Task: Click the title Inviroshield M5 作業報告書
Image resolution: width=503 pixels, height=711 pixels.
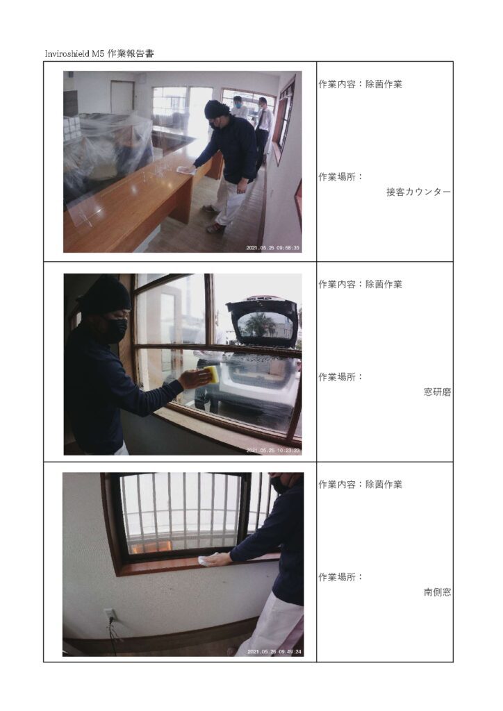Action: point(99,53)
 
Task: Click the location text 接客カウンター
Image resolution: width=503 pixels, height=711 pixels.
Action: point(419,192)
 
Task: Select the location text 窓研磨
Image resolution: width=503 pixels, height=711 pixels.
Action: point(437,392)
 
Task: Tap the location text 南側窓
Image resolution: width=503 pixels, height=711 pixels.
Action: point(437,592)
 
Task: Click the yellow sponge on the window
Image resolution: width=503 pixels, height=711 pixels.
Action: point(211,376)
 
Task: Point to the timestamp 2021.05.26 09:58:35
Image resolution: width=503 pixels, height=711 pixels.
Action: point(272,248)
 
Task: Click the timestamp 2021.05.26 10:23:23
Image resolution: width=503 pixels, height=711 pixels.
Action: point(273,451)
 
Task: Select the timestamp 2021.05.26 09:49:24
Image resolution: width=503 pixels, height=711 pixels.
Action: point(274,652)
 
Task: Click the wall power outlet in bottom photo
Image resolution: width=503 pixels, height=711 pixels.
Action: point(110,615)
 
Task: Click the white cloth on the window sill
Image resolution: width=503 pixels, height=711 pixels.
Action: point(209,560)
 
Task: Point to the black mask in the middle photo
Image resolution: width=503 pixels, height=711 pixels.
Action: point(115,330)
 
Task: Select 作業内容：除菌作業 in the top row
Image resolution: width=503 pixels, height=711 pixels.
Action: point(360,84)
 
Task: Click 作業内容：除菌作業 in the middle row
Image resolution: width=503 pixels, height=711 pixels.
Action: point(360,285)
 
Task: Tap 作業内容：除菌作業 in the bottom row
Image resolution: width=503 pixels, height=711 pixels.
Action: point(360,485)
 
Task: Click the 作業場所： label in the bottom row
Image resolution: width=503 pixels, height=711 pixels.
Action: point(340,577)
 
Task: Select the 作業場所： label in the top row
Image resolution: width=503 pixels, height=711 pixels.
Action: point(340,177)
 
